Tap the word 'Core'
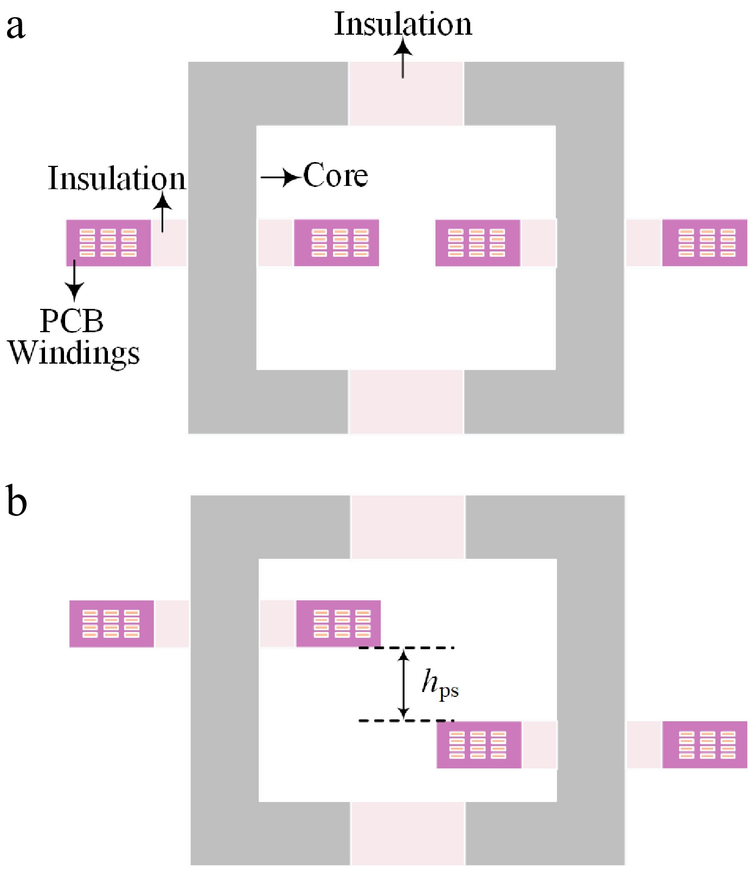coord(335,176)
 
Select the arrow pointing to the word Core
coord(280,177)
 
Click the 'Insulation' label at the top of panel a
coord(402,24)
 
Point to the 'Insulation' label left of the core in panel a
coord(117,178)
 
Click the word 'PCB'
coord(72,321)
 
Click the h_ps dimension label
coord(440,684)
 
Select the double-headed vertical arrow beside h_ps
coord(403,684)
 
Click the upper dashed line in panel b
coord(406,648)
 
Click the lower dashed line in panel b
coord(406,721)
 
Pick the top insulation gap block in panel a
coord(406,94)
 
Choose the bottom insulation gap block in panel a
coord(406,402)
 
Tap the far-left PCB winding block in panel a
coord(108,243)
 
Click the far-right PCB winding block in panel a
coord(704,243)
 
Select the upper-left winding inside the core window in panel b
coord(338,624)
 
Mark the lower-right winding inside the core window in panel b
coord(479,745)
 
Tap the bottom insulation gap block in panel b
coord(408,833)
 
